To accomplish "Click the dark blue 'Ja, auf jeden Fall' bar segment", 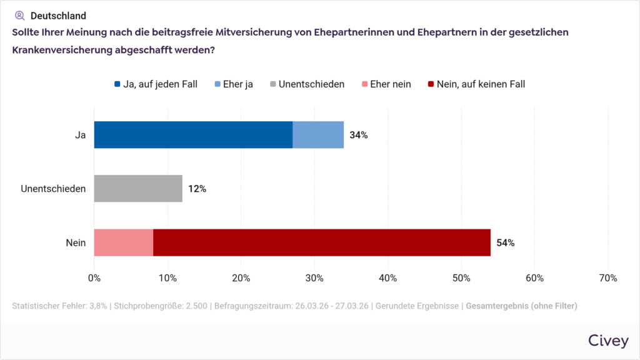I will click(x=193, y=135).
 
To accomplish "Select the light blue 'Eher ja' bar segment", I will click(x=318, y=135).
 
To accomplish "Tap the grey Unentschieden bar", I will click(x=138, y=189).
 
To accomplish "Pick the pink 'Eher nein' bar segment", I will click(x=124, y=242).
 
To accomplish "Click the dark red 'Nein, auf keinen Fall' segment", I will click(x=322, y=242).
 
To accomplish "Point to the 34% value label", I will click(x=359, y=135).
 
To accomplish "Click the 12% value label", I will click(x=197, y=189).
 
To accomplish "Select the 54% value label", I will click(x=506, y=242).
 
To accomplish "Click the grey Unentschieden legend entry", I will click(x=307, y=84).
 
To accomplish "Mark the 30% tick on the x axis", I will click(x=314, y=277).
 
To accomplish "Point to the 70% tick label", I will click(x=608, y=277).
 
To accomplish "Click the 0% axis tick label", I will click(x=94, y=277).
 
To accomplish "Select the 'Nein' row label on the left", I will click(x=76, y=242).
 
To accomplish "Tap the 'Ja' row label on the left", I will click(x=80, y=135).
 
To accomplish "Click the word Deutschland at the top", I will click(x=58, y=16).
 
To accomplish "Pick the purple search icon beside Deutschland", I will click(x=19, y=16).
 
